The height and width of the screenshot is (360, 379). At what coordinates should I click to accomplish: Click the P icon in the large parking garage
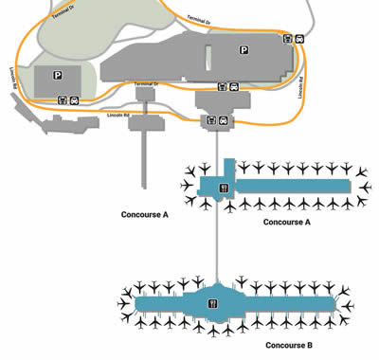tap(244, 51)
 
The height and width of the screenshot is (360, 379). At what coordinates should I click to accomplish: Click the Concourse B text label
tap(289, 346)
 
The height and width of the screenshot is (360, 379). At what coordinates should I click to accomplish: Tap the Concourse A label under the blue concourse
tap(285, 222)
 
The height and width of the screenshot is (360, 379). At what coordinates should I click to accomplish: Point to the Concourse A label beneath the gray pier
tap(145, 214)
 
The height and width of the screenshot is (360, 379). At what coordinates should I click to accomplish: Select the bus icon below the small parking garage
tap(63, 99)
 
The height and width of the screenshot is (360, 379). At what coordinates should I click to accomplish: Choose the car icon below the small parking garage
tap(76, 99)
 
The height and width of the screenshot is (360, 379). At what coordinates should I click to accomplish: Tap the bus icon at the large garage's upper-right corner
tap(287, 39)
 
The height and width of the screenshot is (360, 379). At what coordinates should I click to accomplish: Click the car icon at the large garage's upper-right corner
tap(299, 39)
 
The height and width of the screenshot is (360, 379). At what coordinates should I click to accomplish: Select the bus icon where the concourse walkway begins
tap(212, 120)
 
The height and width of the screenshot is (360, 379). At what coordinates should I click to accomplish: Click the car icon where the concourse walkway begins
tap(225, 120)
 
